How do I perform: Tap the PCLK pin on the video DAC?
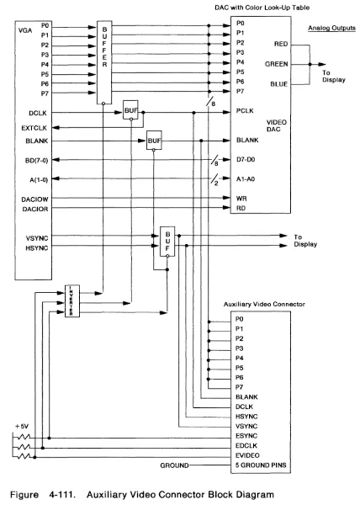click(x=246, y=110)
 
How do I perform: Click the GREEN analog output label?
click(x=278, y=61)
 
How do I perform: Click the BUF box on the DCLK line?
click(x=130, y=110)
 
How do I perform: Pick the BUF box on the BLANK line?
click(x=155, y=141)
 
